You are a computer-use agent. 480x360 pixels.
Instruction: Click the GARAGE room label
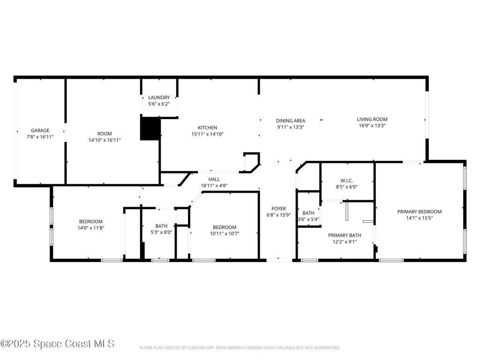click(x=40, y=130)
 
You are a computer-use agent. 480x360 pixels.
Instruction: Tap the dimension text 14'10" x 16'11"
click(x=105, y=140)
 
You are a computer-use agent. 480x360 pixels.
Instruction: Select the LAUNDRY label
click(x=159, y=97)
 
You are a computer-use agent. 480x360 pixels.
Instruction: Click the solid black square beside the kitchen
click(x=150, y=128)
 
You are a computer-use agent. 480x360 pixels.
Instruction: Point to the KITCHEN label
click(x=207, y=127)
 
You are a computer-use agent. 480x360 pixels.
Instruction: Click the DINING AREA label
click(x=291, y=120)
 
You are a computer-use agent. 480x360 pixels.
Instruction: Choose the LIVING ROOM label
click(x=372, y=119)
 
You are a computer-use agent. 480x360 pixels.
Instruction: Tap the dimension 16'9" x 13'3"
click(x=372, y=126)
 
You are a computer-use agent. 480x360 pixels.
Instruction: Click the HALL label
click(x=214, y=179)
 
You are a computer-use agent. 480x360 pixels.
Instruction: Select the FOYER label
click(x=278, y=209)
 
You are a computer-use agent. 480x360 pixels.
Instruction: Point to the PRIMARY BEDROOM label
click(x=420, y=211)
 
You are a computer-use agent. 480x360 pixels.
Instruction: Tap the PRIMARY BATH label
click(x=345, y=235)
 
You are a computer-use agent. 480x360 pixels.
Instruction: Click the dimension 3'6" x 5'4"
click(x=308, y=219)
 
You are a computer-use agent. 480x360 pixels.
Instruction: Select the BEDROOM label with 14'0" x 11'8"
click(x=90, y=221)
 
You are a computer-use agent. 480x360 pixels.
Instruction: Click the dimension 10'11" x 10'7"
click(x=224, y=233)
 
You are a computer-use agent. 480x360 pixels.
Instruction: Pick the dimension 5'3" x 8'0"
click(x=161, y=232)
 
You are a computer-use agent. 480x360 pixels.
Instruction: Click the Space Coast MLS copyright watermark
click(x=57, y=344)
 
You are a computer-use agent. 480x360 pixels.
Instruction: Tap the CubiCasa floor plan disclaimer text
click(x=240, y=348)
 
